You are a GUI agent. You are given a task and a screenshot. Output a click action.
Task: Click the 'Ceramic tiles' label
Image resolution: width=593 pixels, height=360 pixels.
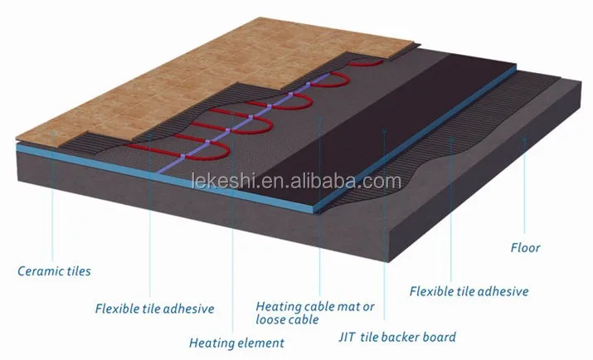[x=56, y=271]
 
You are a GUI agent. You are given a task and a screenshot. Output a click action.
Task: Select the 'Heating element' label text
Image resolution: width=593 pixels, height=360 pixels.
[x=236, y=343]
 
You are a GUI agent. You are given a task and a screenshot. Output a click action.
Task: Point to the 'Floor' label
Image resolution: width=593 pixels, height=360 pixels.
[x=525, y=247]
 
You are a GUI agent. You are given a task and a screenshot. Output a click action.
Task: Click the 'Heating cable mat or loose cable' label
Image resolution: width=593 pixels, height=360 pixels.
[x=315, y=312]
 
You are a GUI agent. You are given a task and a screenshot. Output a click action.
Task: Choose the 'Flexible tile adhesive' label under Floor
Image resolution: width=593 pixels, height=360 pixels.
[x=469, y=291]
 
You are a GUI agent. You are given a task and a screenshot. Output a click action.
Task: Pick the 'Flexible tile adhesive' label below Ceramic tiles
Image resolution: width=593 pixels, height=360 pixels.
[x=155, y=309]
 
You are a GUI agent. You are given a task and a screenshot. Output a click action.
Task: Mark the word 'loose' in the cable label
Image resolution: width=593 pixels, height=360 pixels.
[x=274, y=319]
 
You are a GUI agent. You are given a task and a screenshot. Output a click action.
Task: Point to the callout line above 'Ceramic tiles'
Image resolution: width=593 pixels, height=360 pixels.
[x=53, y=207]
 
